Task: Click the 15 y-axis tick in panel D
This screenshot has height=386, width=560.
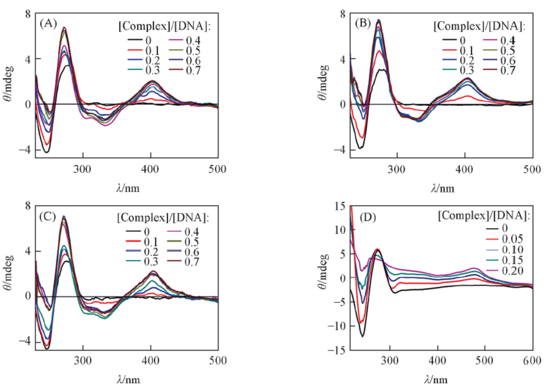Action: pos(339,206)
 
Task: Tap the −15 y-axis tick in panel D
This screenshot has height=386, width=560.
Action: pos(337,351)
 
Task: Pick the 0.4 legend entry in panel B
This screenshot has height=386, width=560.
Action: pos(509,40)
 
